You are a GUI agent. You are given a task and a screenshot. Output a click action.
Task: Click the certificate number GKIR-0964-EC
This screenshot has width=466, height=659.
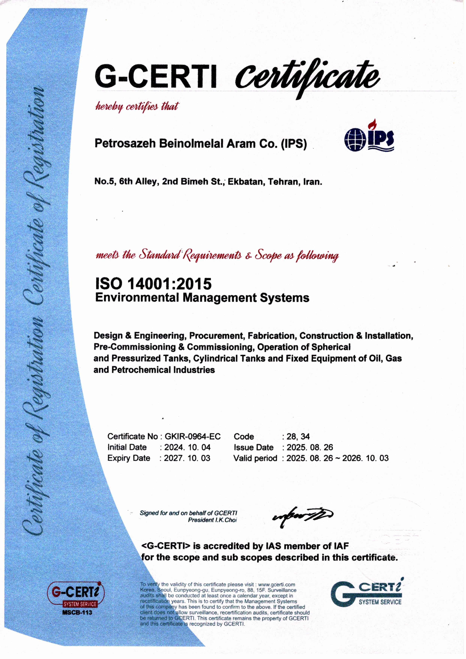(192, 436)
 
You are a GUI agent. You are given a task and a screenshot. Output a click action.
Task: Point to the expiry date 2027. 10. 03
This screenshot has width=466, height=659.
(187, 458)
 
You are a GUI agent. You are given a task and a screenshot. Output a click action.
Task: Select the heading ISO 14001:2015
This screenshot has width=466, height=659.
(153, 284)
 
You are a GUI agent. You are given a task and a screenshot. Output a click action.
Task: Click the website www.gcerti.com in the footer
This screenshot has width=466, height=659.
(277, 584)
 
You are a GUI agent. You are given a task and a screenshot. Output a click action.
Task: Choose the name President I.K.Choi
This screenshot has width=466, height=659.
(212, 520)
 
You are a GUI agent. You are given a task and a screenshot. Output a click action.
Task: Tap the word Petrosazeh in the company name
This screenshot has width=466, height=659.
(125, 143)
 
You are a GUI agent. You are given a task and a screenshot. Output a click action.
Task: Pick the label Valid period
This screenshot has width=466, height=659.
(255, 458)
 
